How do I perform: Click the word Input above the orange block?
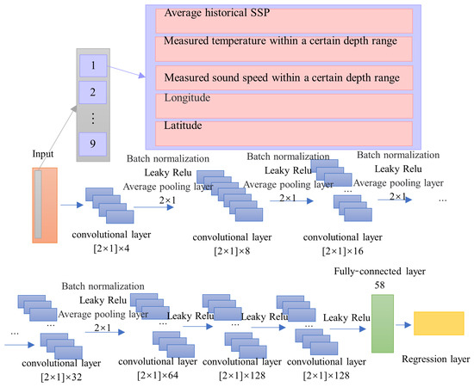point(44,155)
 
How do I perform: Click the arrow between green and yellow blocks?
point(402,325)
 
